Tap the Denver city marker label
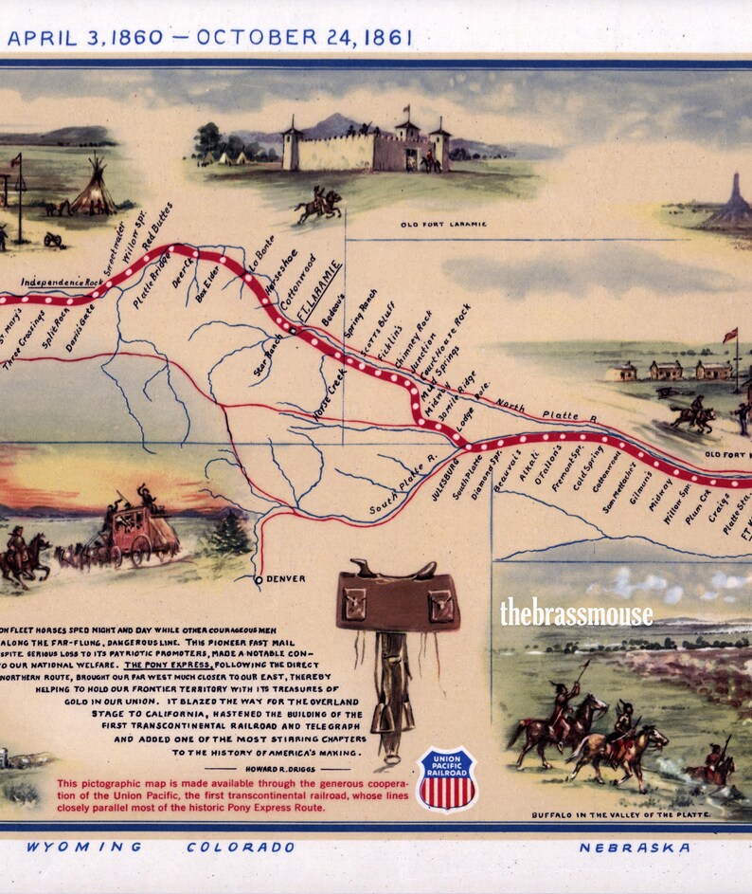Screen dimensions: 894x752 [285, 578]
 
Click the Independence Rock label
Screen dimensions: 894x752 [61, 282]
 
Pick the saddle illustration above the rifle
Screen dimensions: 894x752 [398, 596]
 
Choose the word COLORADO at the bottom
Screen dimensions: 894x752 [241, 847]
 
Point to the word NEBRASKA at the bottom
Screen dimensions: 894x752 [635, 847]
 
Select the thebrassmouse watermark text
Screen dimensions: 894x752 [576, 614]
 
